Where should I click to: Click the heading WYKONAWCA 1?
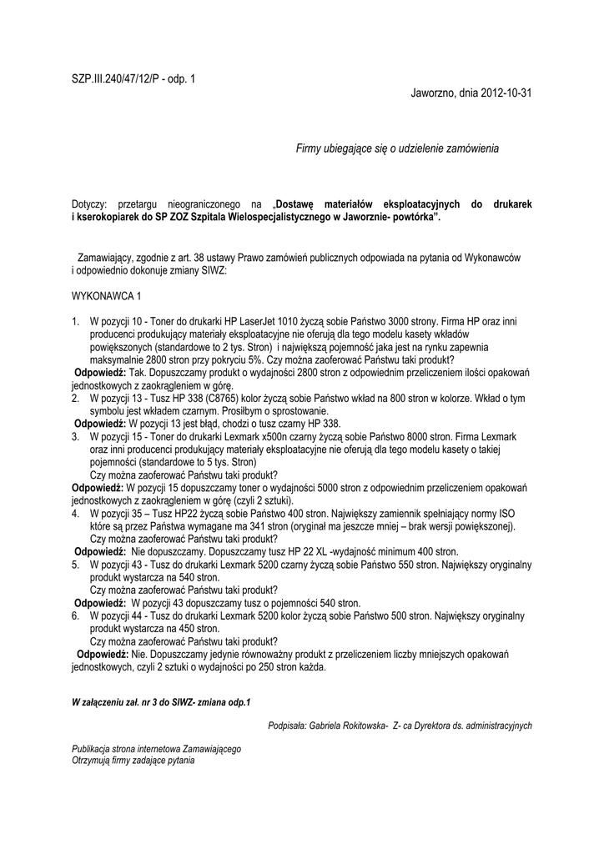point(107,296)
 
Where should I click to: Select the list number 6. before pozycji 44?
point(75,615)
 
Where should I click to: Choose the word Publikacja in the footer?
point(93,749)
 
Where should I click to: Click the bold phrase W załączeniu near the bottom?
point(100,702)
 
